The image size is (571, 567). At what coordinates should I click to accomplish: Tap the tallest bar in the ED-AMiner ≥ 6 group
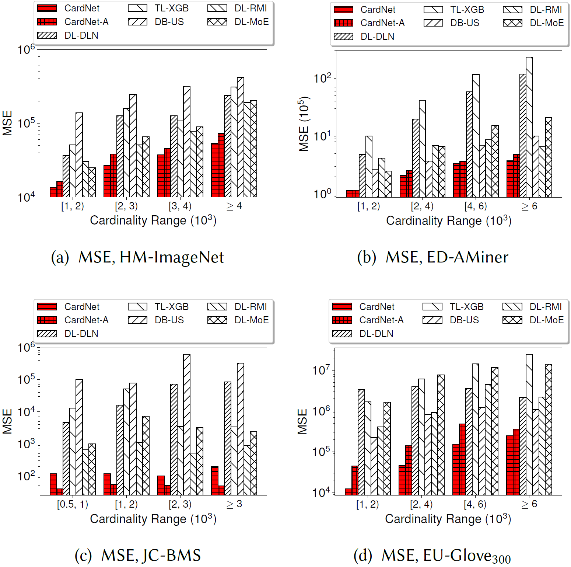click(529, 127)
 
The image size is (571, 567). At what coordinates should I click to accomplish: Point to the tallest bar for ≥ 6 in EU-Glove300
click(529, 424)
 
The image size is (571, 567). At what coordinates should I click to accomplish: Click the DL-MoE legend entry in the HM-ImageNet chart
click(238, 22)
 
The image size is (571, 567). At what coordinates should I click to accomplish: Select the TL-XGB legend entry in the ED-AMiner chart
click(454, 10)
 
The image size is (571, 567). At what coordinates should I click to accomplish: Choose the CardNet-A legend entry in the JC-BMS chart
click(73, 320)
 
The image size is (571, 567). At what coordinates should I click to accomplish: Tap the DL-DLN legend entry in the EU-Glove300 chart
click(363, 334)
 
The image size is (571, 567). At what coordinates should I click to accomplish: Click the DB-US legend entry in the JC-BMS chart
click(156, 320)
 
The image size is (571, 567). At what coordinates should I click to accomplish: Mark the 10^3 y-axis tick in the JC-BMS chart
click(27, 444)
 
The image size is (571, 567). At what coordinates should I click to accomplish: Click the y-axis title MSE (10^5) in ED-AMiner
click(304, 124)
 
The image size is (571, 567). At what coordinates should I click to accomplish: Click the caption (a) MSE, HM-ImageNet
click(137, 257)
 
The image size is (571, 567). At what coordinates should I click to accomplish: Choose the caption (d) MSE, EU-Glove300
click(432, 556)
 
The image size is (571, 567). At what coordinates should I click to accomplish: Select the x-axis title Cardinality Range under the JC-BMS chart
click(153, 519)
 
